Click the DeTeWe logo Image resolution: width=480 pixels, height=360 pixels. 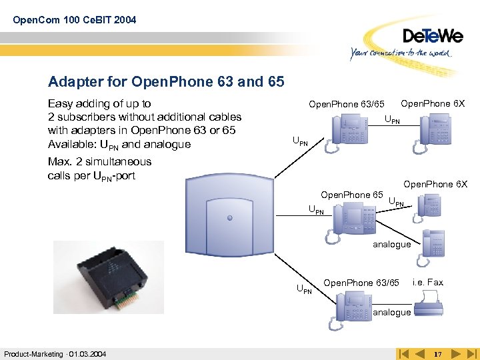point(432,35)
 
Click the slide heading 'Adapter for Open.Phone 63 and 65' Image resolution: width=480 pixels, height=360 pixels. point(166,82)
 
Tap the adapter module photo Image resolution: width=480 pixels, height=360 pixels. point(108,276)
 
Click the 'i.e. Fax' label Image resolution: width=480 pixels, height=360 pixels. point(428,283)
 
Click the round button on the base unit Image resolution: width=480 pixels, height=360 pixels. point(228,218)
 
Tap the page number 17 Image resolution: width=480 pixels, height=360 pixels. point(438,353)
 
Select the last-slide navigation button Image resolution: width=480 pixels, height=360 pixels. point(473,353)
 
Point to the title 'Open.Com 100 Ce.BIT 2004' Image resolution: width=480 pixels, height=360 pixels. point(74,20)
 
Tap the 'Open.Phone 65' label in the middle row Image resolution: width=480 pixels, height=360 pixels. point(351,195)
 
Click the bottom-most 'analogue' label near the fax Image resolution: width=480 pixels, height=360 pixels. point(391,312)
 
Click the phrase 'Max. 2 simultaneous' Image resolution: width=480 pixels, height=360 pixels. point(99,161)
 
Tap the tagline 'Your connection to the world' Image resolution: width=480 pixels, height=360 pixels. point(401,53)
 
